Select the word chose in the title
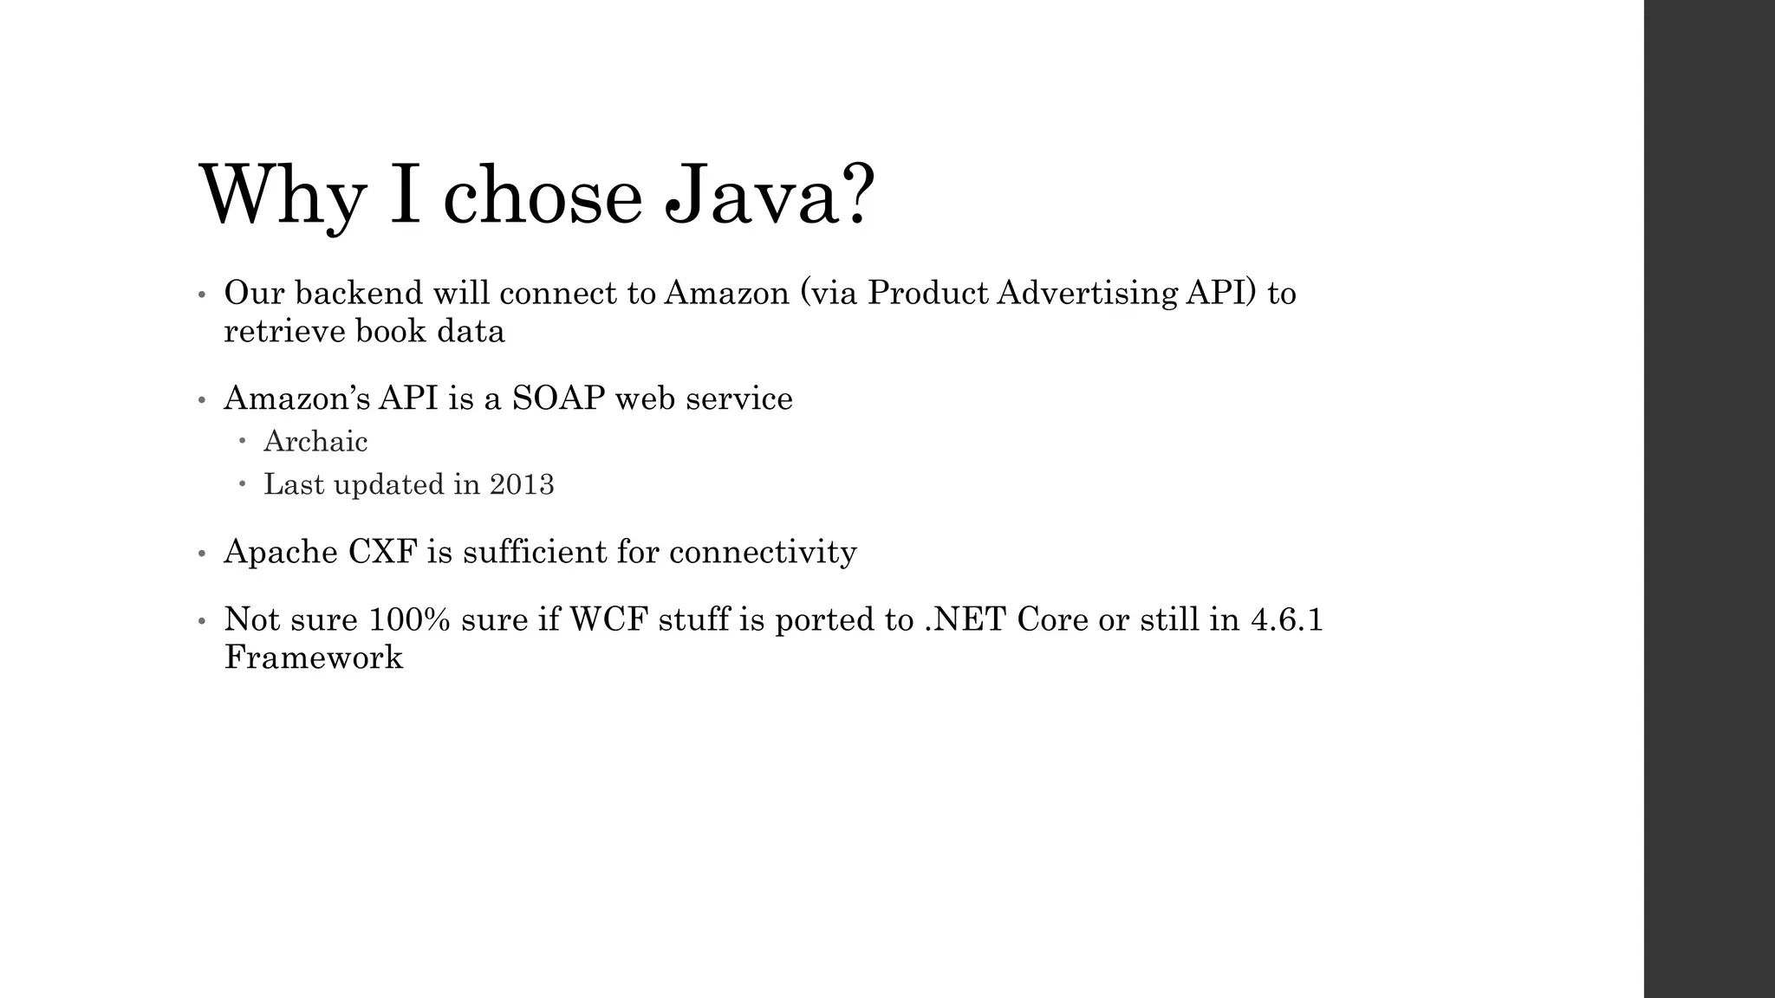pyautogui.click(x=543, y=196)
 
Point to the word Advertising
pyautogui.click(x=1087, y=293)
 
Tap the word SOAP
pyautogui.click(x=558, y=399)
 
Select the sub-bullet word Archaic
pyautogui.click(x=315, y=442)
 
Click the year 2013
pyautogui.click(x=522, y=484)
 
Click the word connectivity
pyautogui.click(x=763, y=552)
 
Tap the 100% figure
pyautogui.click(x=409, y=619)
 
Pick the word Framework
pyautogui.click(x=314, y=658)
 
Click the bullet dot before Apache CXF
pyautogui.click(x=201, y=554)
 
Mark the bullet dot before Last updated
pyautogui.click(x=244, y=484)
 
